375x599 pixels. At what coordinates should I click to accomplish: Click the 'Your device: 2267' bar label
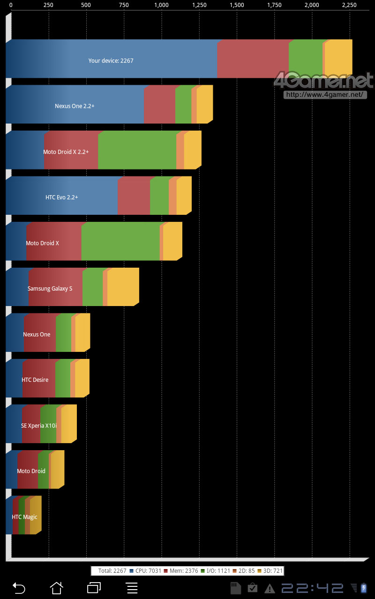[x=111, y=61]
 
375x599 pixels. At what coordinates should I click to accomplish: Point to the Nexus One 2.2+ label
[x=75, y=106]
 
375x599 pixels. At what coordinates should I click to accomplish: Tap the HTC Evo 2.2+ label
[x=62, y=197]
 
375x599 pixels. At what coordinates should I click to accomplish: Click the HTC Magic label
[x=24, y=517]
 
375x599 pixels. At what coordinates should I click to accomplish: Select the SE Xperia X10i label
[x=39, y=426]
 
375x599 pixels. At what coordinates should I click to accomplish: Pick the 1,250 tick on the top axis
[x=199, y=5]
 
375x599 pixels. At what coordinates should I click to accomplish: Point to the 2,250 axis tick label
[x=349, y=5]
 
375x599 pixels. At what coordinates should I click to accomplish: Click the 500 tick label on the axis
[x=86, y=5]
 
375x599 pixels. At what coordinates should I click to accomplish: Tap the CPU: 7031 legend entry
[x=145, y=571]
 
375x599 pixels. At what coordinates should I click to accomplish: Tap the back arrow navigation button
[x=19, y=588]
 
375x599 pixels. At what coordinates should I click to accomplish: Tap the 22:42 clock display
[x=313, y=588]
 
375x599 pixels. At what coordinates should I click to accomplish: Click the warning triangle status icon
[x=270, y=588]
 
